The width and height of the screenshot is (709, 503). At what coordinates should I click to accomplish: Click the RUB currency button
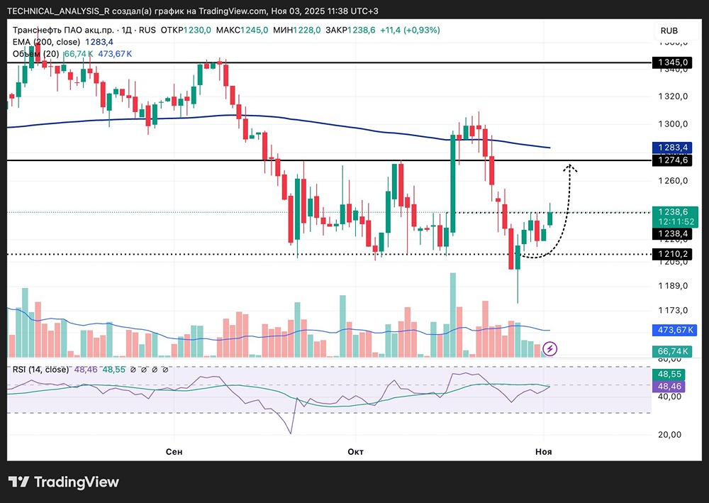tap(669, 31)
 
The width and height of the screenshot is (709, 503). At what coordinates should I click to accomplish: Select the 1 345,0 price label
tap(673, 62)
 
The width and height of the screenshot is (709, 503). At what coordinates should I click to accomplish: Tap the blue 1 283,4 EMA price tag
tap(673, 148)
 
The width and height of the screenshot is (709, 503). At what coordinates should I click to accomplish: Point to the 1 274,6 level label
tap(673, 161)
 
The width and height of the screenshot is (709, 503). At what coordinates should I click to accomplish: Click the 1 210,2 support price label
tap(673, 253)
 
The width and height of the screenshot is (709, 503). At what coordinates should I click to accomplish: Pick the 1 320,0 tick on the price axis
tap(673, 96)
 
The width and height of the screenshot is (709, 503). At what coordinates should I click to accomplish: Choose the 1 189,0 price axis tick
tap(673, 286)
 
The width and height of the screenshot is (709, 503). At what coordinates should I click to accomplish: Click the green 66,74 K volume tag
tap(673, 351)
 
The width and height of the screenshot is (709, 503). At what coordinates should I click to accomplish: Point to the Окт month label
tap(356, 451)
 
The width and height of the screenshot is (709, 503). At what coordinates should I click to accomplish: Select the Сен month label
tap(174, 451)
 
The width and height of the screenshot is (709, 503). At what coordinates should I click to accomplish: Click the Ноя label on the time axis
tap(543, 451)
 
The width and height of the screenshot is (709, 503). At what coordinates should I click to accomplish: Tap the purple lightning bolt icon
tap(551, 348)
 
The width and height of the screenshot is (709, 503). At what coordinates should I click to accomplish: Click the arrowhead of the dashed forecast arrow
tap(570, 168)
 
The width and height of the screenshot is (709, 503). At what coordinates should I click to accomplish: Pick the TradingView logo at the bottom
tap(64, 482)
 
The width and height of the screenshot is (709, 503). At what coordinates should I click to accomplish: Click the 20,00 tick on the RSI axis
tap(668, 434)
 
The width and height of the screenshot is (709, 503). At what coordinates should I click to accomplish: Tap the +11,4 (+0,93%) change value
tap(410, 30)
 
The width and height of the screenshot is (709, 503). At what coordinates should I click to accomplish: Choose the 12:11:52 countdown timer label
tap(673, 222)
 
